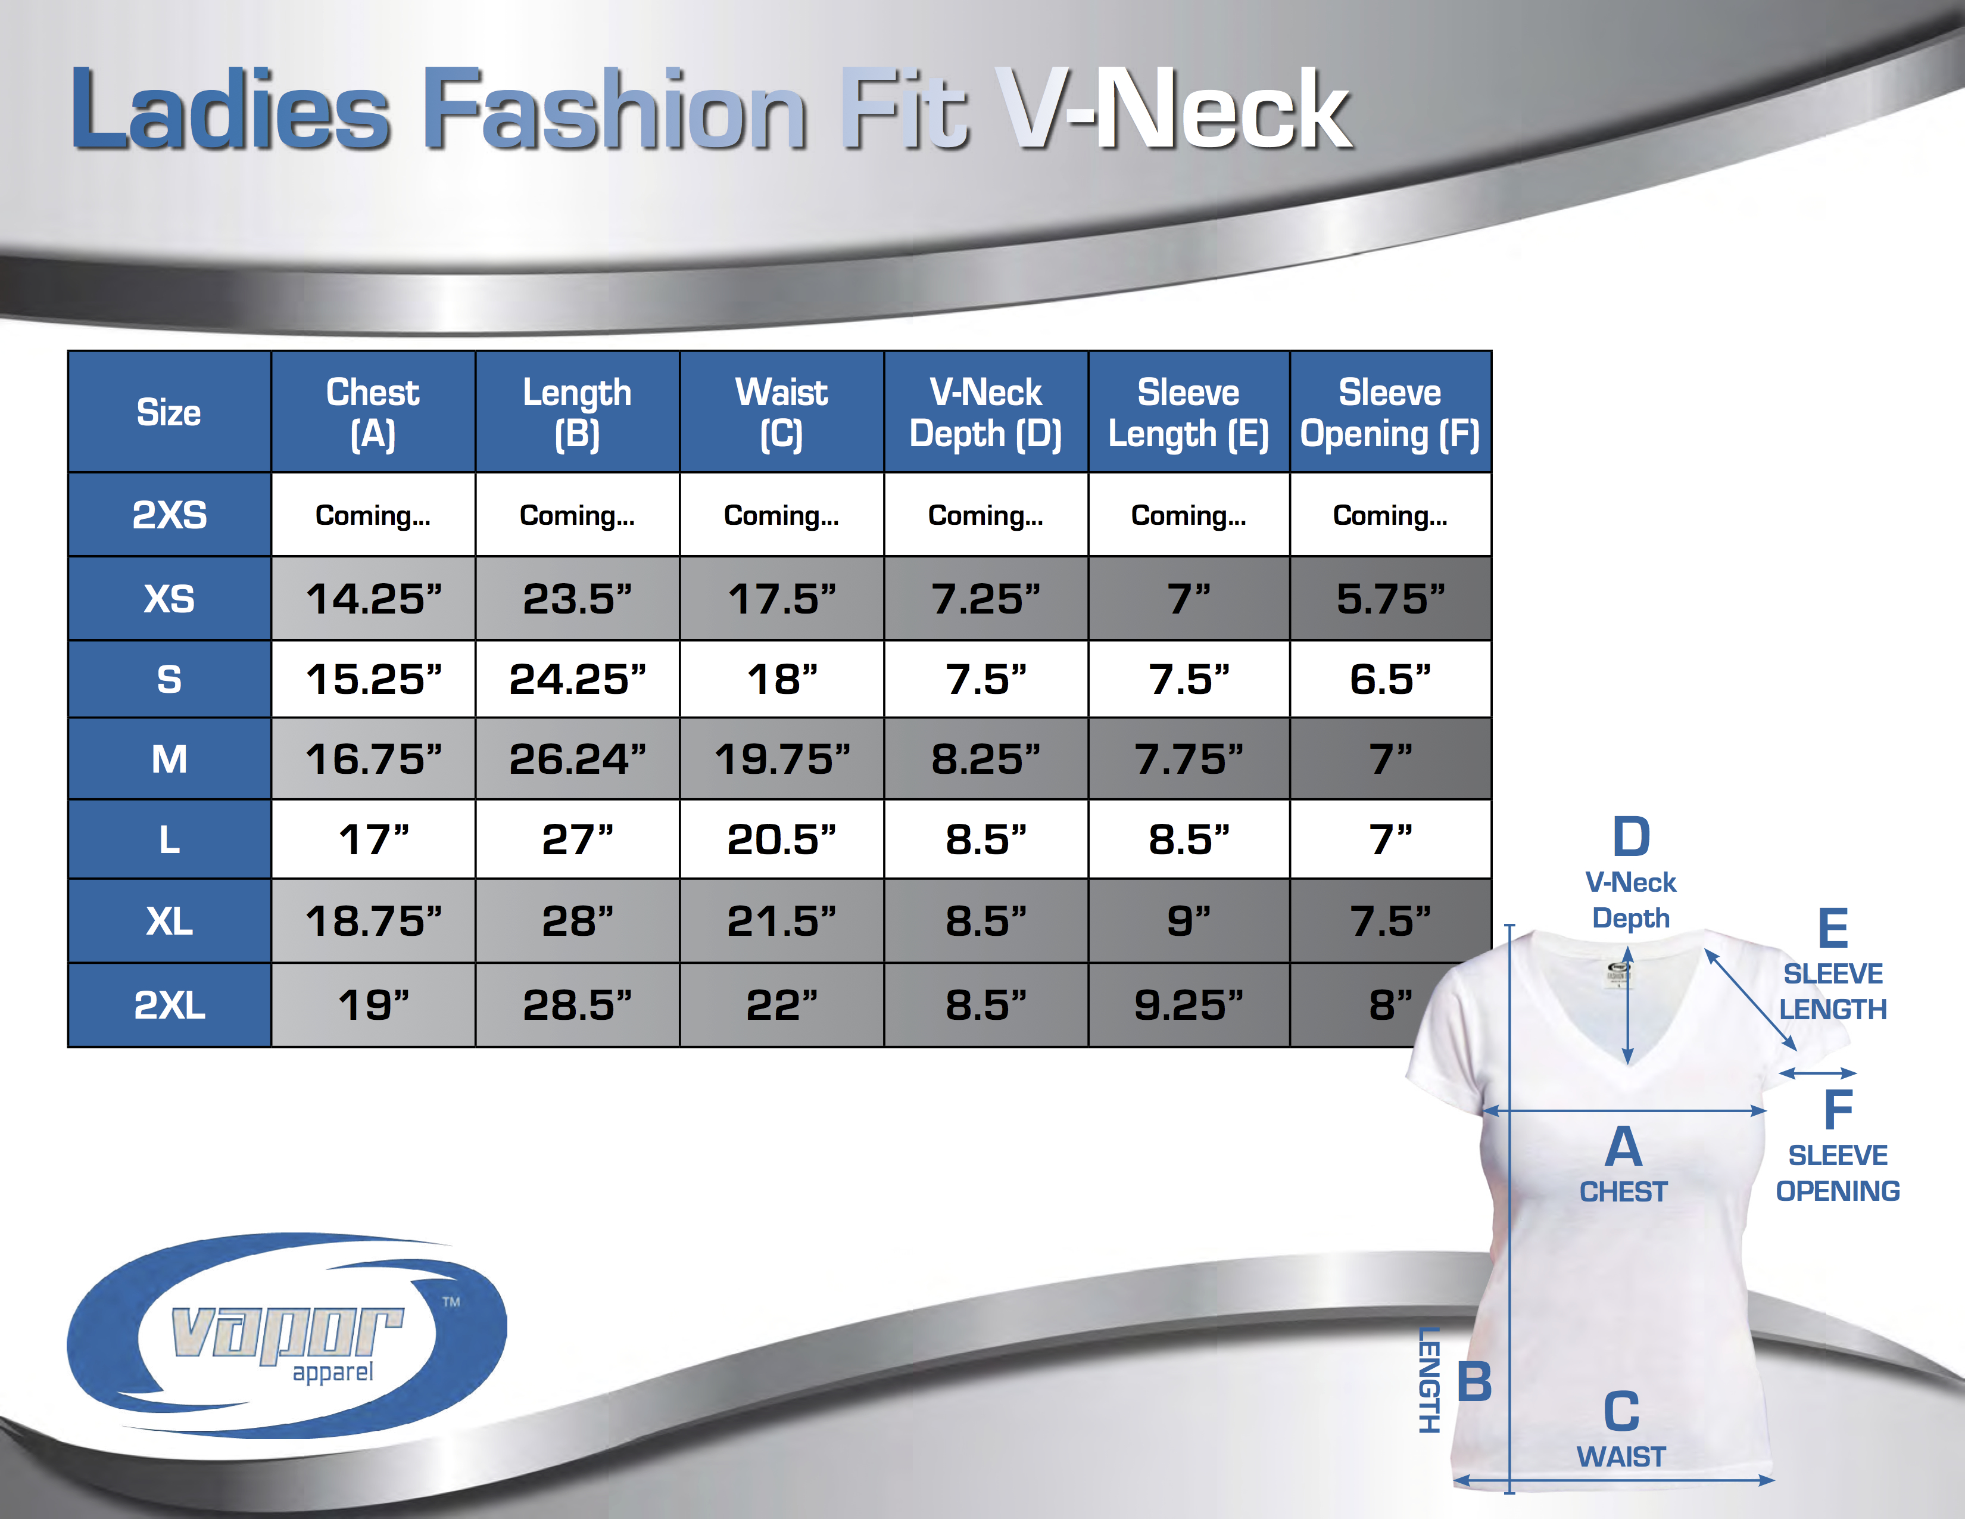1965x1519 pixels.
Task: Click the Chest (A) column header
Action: point(373,412)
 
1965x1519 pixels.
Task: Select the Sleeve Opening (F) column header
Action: point(1389,412)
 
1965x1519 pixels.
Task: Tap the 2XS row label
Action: point(169,515)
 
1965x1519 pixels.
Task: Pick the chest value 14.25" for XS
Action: point(373,599)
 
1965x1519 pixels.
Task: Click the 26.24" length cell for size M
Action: point(577,758)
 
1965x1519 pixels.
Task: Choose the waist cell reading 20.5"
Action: point(781,839)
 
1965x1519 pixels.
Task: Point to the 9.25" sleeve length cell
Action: point(1189,1004)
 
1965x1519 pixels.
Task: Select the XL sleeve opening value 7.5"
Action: point(1390,920)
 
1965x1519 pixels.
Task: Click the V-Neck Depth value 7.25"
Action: point(985,599)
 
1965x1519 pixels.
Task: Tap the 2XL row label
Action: point(169,1004)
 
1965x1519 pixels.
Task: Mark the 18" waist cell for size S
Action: point(781,678)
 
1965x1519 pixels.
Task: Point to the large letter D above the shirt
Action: point(1630,837)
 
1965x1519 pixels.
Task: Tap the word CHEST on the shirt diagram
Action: point(1623,1191)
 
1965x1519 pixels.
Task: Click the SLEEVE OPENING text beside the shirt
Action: point(1837,1172)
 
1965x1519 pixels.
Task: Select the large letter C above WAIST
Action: point(1621,1412)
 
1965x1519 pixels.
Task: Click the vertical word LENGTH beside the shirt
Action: point(1428,1380)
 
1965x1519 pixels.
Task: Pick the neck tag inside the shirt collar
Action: point(1618,974)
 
